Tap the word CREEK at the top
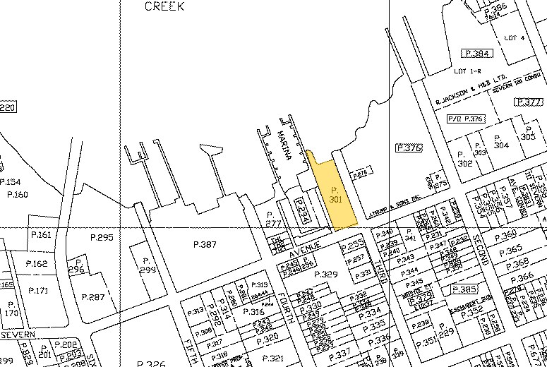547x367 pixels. point(164,6)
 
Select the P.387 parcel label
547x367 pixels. point(205,244)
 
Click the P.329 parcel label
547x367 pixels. point(326,273)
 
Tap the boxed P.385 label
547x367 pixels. point(466,290)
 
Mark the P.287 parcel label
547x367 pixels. point(93,297)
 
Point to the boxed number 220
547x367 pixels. point(6,107)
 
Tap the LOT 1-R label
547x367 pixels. point(467,72)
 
